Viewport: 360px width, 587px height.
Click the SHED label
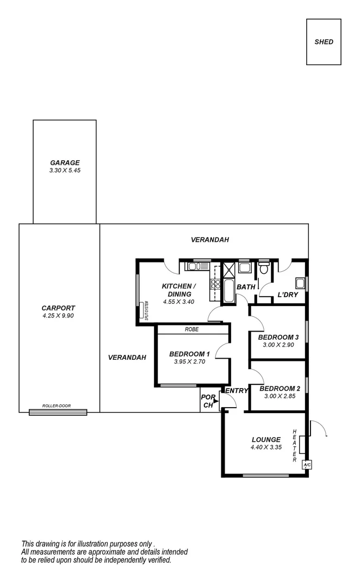[x=324, y=42]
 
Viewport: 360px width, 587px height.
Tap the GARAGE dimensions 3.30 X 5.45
[x=65, y=170]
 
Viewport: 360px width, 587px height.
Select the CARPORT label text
[x=58, y=308]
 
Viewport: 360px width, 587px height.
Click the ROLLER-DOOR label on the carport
[x=58, y=407]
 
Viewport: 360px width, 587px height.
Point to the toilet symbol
[x=264, y=268]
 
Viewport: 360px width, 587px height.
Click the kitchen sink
[x=194, y=266]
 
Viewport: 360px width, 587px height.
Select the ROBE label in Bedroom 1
[x=191, y=329]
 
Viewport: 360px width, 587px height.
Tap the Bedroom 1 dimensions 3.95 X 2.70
[x=189, y=361]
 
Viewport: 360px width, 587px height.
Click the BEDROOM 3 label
[x=278, y=337]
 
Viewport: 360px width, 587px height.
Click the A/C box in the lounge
[x=306, y=465]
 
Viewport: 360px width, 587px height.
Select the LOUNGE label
[x=266, y=440]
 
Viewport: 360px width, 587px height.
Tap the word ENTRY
[x=237, y=390]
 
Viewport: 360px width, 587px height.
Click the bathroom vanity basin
[x=244, y=267]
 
